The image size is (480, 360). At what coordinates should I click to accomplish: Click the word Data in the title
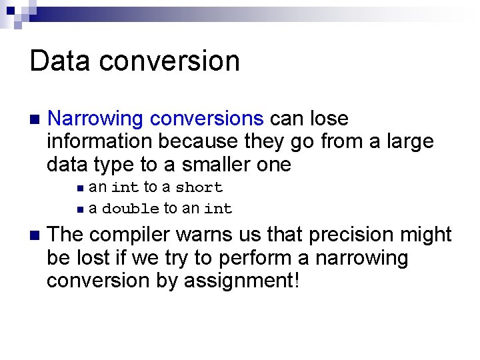pyautogui.click(x=59, y=61)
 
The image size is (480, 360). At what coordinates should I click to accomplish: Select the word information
pyautogui.click(x=100, y=142)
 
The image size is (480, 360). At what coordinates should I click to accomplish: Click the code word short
pyautogui.click(x=199, y=188)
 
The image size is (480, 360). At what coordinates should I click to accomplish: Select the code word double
pyautogui.click(x=131, y=209)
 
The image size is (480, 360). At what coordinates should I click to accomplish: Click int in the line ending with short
pyautogui.click(x=125, y=188)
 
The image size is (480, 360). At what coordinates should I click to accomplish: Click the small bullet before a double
pyautogui.click(x=80, y=209)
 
